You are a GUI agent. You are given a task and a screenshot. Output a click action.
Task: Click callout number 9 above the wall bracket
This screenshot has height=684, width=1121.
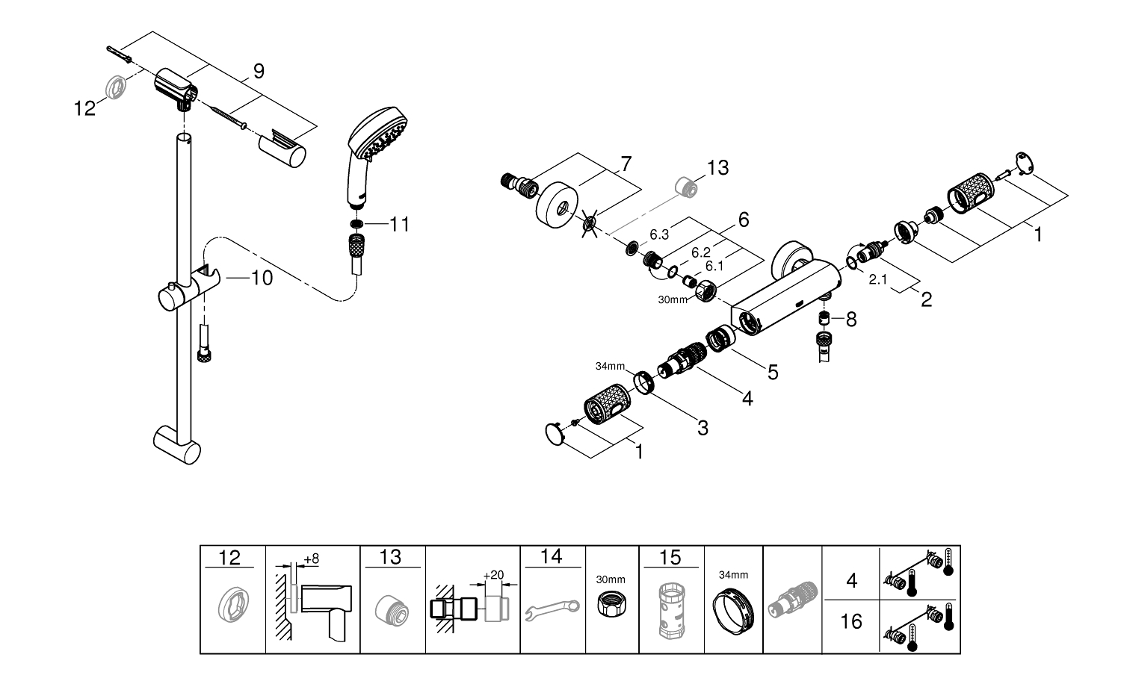click(x=259, y=72)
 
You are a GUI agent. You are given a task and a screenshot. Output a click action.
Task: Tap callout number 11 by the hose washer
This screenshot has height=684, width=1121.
click(x=400, y=225)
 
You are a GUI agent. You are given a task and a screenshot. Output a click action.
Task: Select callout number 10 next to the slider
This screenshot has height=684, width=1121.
click(x=262, y=278)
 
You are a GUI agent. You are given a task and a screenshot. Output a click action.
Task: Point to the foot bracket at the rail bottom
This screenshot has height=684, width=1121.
click(x=176, y=444)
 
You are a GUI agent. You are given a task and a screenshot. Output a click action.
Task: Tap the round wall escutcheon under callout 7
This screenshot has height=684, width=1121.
click(x=557, y=205)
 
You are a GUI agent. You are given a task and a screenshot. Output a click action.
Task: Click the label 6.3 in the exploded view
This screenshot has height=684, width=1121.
click(x=659, y=234)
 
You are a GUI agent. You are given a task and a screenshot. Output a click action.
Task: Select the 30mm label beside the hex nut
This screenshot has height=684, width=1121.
click(x=673, y=300)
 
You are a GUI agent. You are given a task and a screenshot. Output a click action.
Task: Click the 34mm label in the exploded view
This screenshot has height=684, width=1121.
click(x=610, y=366)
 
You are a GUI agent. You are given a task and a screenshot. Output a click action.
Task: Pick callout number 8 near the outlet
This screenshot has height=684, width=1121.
click(x=850, y=320)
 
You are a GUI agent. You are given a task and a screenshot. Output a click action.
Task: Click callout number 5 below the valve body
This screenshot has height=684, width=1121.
click(x=773, y=373)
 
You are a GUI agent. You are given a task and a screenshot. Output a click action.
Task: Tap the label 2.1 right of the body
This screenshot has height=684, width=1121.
click(x=878, y=279)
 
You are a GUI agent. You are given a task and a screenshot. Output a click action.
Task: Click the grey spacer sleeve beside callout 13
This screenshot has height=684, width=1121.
click(x=686, y=187)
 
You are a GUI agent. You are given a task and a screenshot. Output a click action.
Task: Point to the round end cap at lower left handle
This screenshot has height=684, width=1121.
click(x=555, y=434)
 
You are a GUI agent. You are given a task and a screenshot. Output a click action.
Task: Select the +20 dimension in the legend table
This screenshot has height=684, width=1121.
click(x=493, y=575)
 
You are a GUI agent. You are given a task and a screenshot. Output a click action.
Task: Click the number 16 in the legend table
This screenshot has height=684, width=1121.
click(x=850, y=621)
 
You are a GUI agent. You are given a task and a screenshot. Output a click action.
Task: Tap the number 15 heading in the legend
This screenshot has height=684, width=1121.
click(x=670, y=557)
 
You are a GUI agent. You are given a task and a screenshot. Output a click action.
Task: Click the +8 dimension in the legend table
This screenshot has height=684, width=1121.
click(x=312, y=559)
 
